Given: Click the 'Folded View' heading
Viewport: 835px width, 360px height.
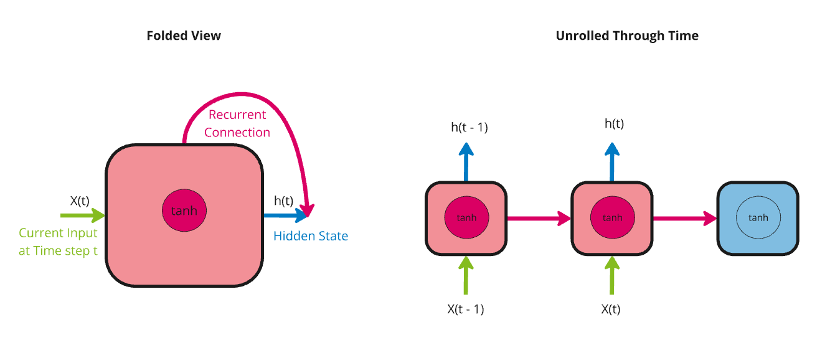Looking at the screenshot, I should [x=184, y=36].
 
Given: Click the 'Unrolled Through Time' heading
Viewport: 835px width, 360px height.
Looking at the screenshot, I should [x=626, y=36].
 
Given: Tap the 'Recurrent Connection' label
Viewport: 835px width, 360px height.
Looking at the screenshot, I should [x=237, y=123].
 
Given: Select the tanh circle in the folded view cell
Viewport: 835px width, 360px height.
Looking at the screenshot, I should [x=184, y=211].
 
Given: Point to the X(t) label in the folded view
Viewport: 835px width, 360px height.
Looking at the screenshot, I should [x=80, y=201].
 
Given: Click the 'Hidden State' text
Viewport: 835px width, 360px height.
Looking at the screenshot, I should [x=311, y=236].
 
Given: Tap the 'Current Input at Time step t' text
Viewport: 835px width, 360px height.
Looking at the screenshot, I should [x=58, y=242].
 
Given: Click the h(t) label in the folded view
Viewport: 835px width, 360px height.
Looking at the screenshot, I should [x=283, y=201].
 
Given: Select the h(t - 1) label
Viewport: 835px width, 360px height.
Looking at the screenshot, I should [x=469, y=128].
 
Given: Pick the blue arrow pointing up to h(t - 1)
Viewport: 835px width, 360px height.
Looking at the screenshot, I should [x=466, y=163].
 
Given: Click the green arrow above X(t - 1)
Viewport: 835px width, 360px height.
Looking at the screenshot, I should [x=466, y=275].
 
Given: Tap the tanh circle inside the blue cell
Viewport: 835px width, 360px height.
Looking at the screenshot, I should [x=758, y=218].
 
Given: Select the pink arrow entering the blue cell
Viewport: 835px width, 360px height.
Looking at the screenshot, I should [x=684, y=218].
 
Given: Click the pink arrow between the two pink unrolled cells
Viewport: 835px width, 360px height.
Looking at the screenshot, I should [x=539, y=218].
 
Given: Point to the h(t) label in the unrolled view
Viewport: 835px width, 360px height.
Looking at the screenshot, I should [x=614, y=124].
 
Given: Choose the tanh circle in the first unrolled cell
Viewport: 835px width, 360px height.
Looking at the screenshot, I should [x=466, y=218].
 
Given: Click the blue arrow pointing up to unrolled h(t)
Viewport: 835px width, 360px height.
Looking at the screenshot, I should [x=613, y=162].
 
